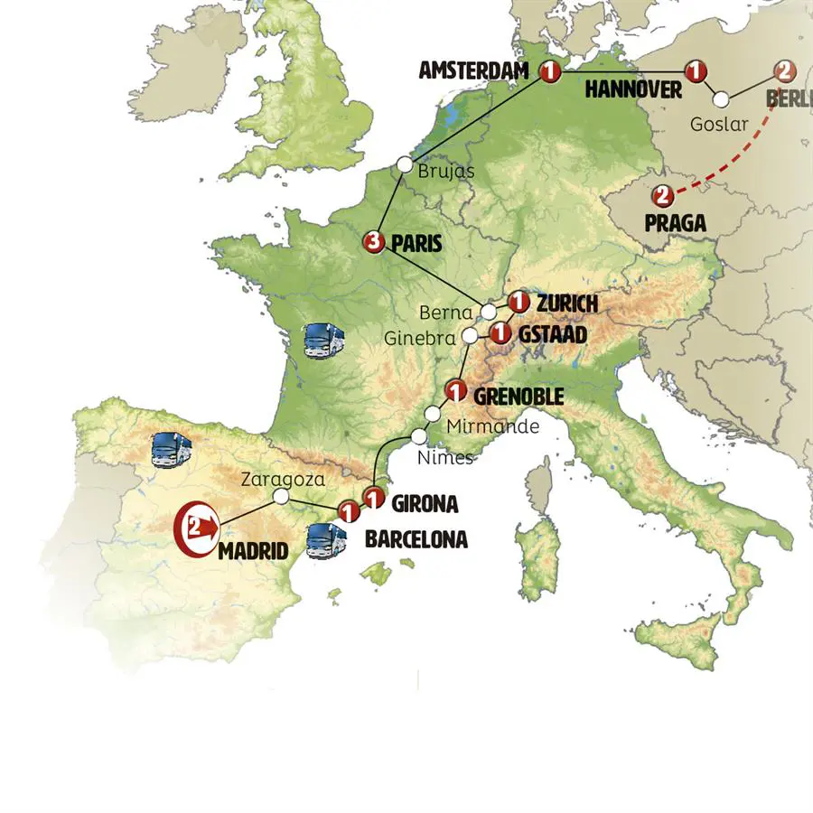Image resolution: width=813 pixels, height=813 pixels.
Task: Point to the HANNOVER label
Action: [632, 89]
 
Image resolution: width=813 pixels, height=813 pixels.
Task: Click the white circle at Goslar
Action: [722, 100]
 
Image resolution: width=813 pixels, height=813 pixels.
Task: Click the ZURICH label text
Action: [567, 303]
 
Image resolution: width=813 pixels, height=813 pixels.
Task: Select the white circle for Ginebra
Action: [470, 336]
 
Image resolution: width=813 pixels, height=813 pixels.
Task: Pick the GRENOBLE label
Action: [519, 397]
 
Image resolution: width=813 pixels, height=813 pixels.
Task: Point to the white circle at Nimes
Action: [419, 436]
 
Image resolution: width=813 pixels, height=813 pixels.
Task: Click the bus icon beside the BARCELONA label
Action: [324, 539]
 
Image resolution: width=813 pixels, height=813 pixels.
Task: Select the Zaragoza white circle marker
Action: [281, 496]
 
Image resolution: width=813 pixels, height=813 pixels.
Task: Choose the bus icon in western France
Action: [325, 340]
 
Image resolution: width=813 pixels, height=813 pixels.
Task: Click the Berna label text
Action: [446, 313]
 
